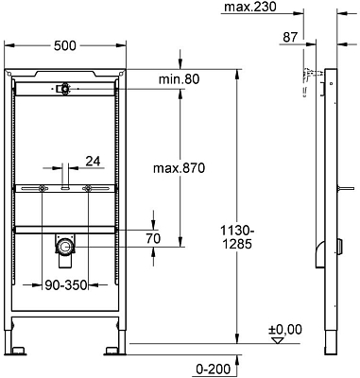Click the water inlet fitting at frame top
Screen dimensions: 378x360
[63, 89]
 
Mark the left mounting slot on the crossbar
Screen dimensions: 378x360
[43, 190]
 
